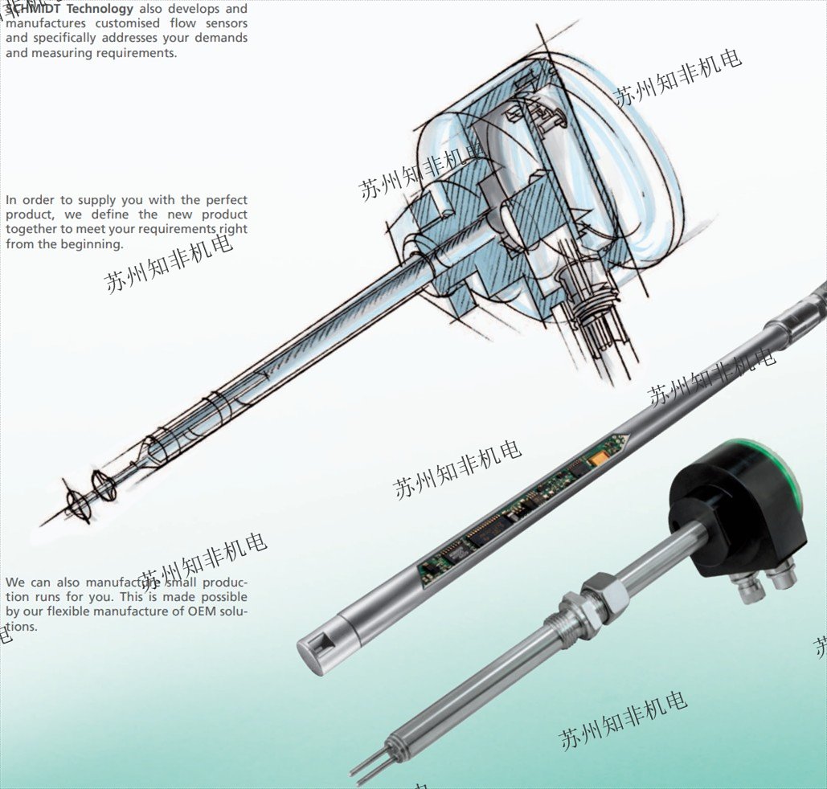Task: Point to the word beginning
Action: coord(92,244)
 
